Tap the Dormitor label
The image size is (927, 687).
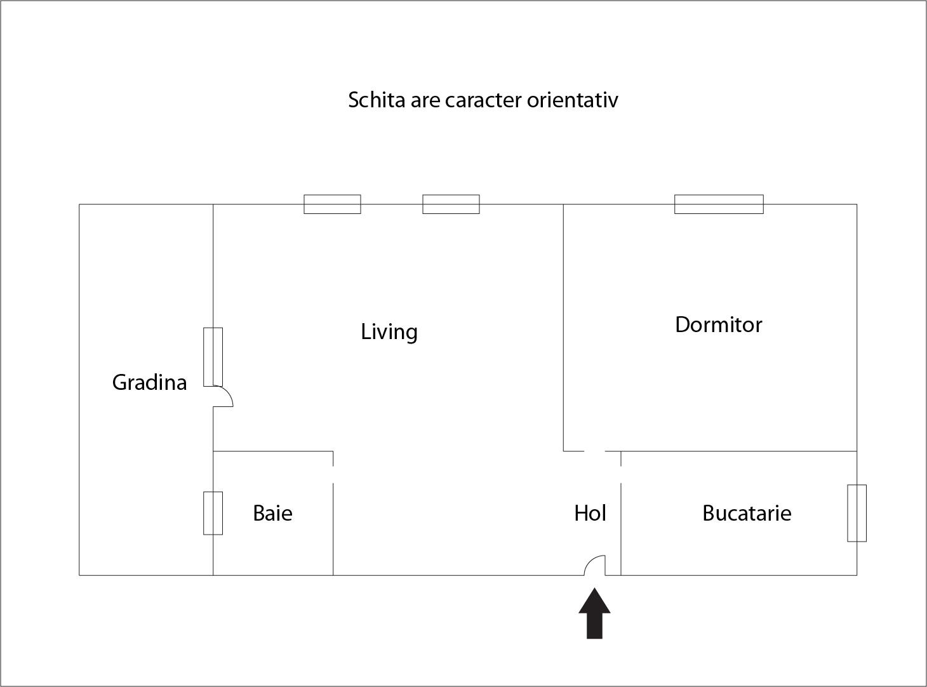click(719, 325)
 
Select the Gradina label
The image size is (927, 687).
click(149, 383)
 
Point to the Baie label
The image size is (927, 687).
click(272, 513)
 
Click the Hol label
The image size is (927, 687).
click(590, 513)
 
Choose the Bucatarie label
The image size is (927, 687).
click(747, 513)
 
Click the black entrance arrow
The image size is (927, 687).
click(594, 613)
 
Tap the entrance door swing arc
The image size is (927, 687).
click(594, 565)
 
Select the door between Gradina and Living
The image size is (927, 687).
click(223, 396)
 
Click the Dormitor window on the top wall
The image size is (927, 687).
click(719, 204)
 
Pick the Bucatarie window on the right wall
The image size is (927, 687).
click(857, 513)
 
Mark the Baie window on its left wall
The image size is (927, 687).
click(213, 513)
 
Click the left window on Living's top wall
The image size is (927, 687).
click(332, 204)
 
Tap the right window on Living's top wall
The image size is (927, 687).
click(451, 204)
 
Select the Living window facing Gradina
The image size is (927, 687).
click(213, 357)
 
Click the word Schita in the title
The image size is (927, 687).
click(377, 100)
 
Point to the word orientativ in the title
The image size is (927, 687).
click(572, 100)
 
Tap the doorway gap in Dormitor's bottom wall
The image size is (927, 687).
click(594, 451)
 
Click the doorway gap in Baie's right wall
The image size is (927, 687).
click(333, 474)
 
